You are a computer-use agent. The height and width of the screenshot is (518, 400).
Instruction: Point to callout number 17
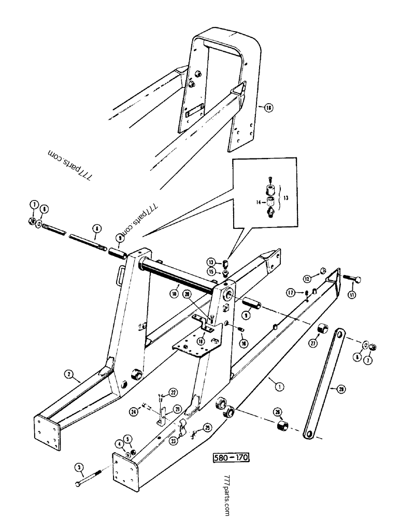[x=291, y=293]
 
